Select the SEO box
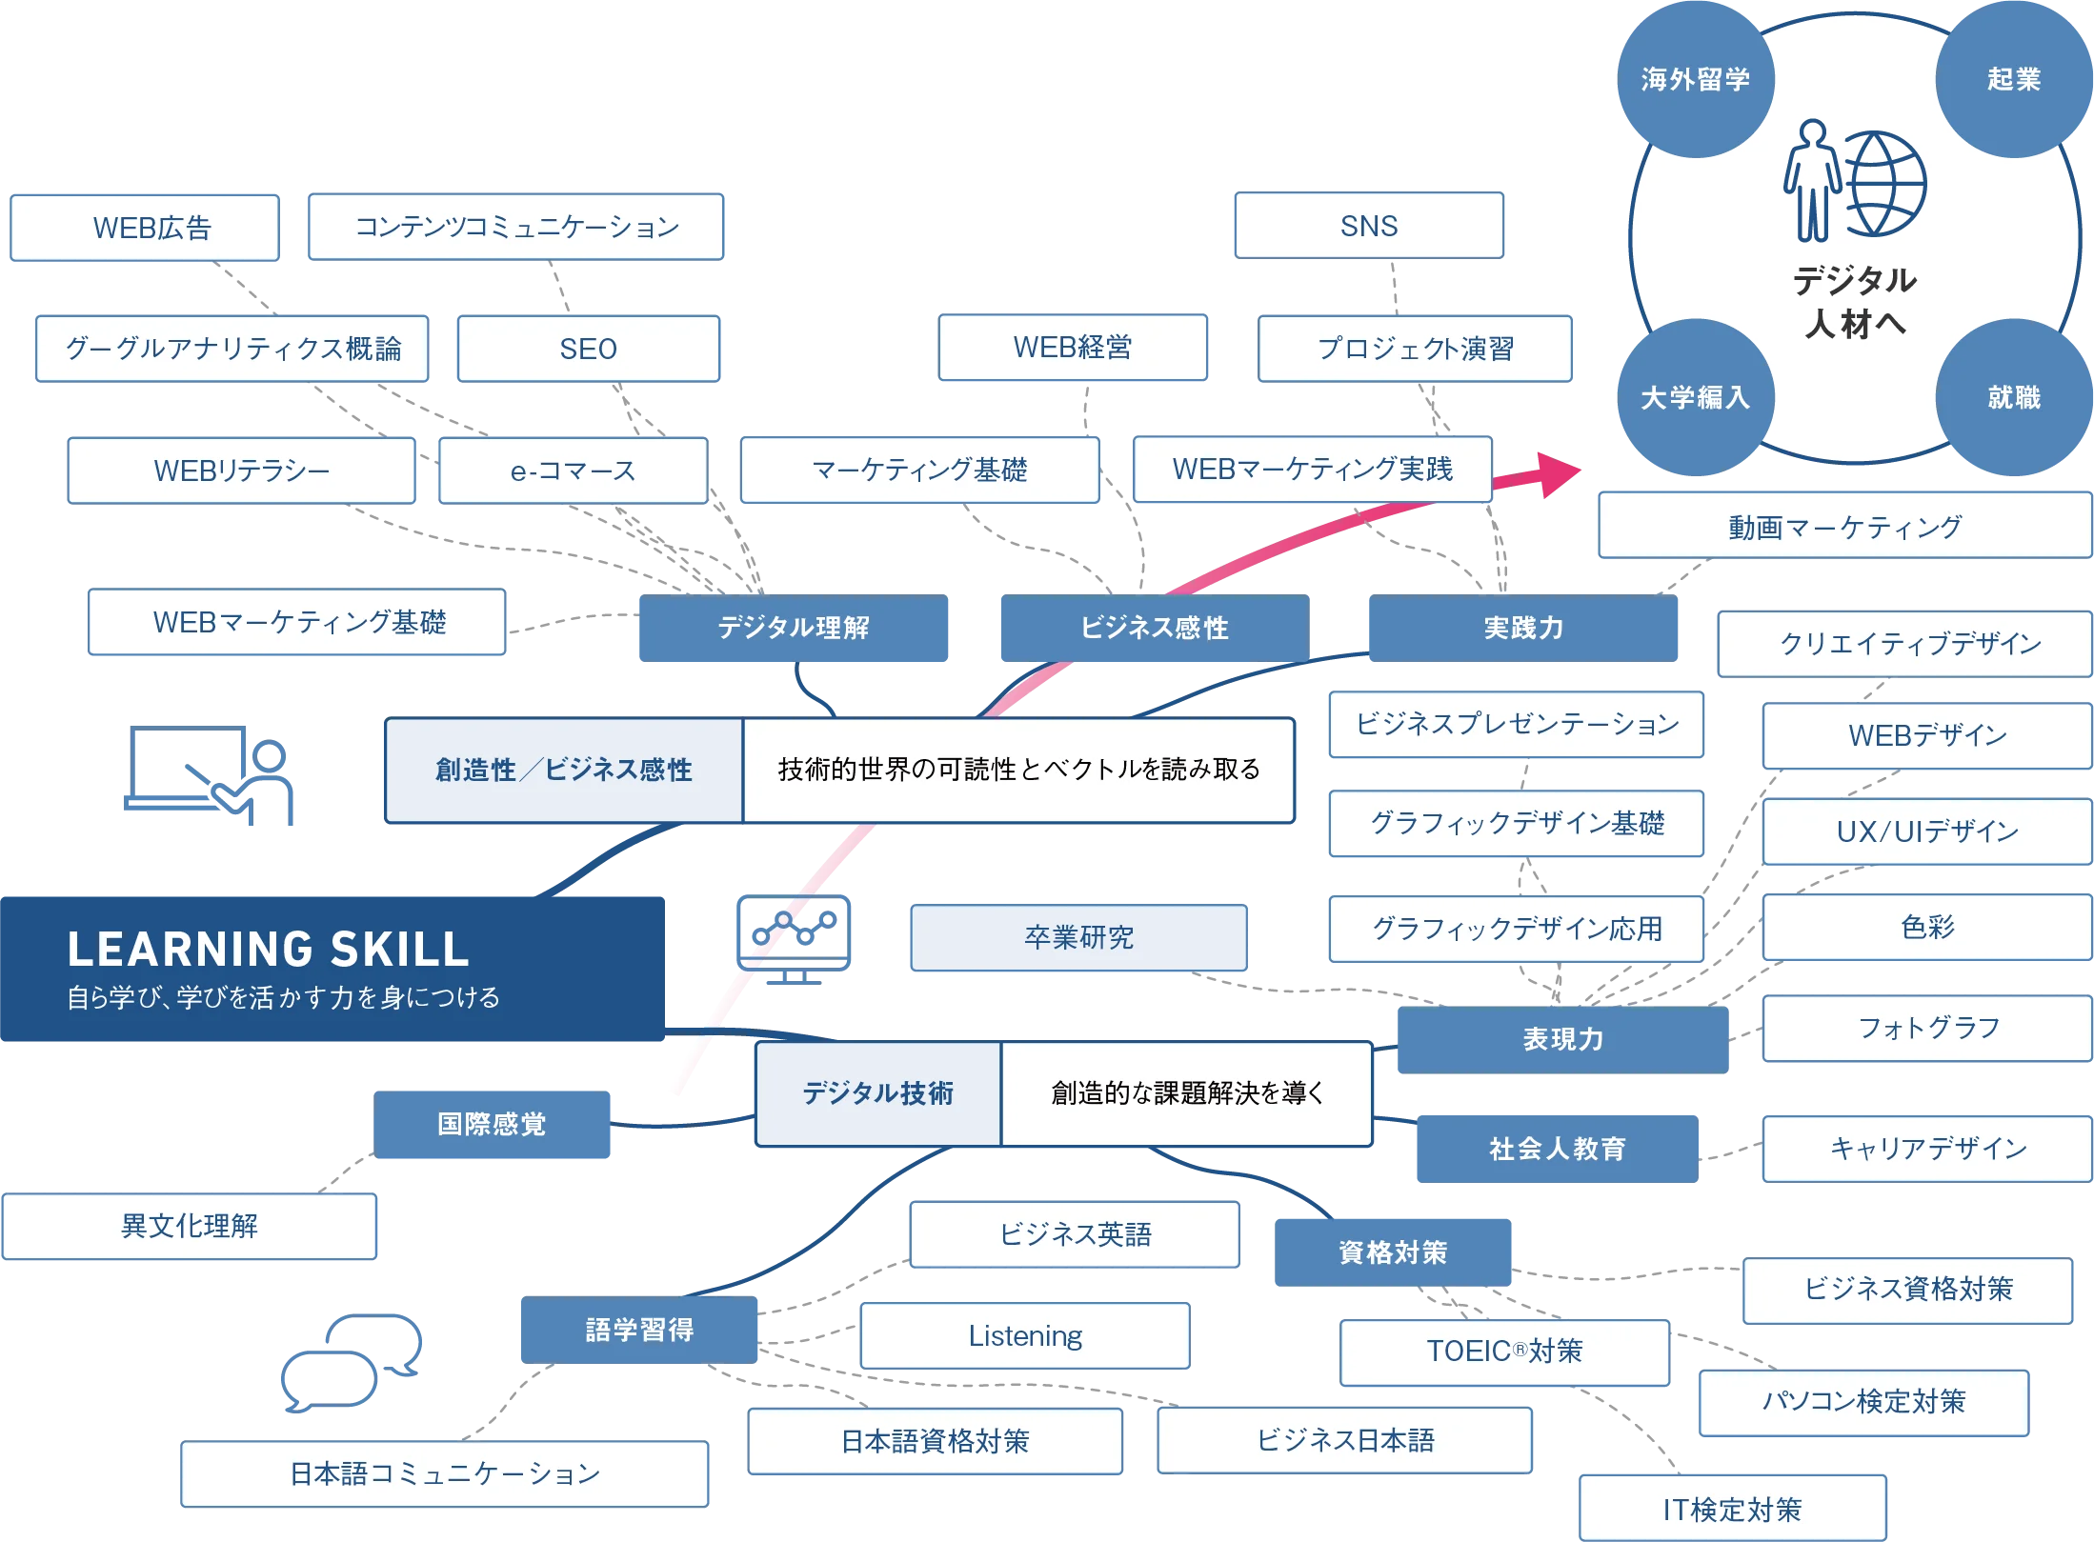pyautogui.click(x=588, y=349)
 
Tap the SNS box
pyautogui.click(x=1368, y=226)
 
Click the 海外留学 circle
pyautogui.click(x=1695, y=79)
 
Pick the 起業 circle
pyautogui.click(x=2013, y=79)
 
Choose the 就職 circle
pyautogui.click(x=2013, y=397)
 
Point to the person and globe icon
pyautogui.click(x=1854, y=181)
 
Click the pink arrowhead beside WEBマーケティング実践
pyautogui.click(x=1553, y=473)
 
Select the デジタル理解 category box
pyautogui.click(x=793, y=628)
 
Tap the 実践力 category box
pyautogui.click(x=1523, y=628)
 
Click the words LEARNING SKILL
pyautogui.click(x=268, y=949)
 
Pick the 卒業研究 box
pyautogui.click(x=1078, y=937)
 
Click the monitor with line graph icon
pyautogui.click(x=793, y=937)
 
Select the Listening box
pyautogui.click(x=1025, y=1335)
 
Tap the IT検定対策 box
pyautogui.click(x=1732, y=1509)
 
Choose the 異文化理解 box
pyautogui.click(x=190, y=1226)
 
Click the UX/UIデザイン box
pyautogui.click(x=1926, y=831)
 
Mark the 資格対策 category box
pyautogui.click(x=1393, y=1252)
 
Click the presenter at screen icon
pyautogui.click(x=210, y=775)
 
